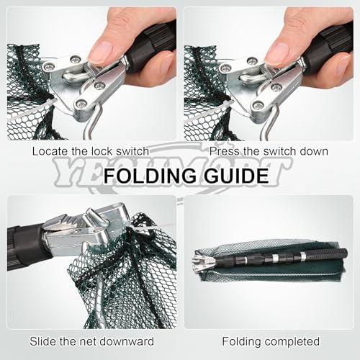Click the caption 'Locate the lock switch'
[90, 152]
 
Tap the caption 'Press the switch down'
[269, 152]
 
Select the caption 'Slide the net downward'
[90, 341]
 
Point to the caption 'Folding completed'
[271, 341]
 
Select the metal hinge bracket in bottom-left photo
[79, 227]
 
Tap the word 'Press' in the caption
[224, 152]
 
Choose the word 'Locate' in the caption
[47, 152]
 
